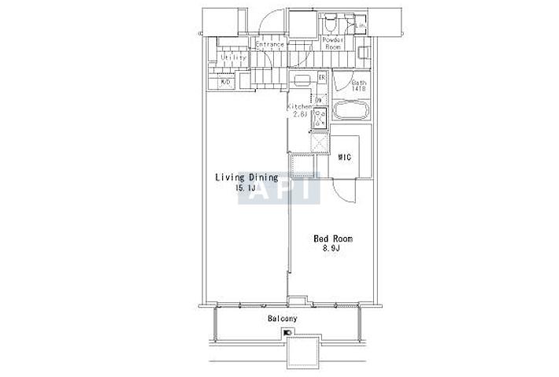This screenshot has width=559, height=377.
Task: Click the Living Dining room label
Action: [246, 178]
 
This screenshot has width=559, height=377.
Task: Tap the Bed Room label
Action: [332, 238]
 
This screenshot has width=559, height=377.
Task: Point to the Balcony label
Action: [281, 318]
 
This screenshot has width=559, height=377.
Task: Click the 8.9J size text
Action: [331, 249]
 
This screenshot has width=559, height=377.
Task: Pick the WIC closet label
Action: [344, 157]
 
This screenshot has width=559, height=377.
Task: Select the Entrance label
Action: [269, 45]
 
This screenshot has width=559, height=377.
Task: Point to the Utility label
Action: [233, 58]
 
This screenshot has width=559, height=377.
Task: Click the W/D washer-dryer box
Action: [224, 82]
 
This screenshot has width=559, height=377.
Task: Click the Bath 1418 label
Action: [359, 85]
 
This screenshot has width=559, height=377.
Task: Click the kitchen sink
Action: [303, 79]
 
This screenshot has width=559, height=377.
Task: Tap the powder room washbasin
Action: [365, 54]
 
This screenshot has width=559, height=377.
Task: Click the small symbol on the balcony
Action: [287, 333]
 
